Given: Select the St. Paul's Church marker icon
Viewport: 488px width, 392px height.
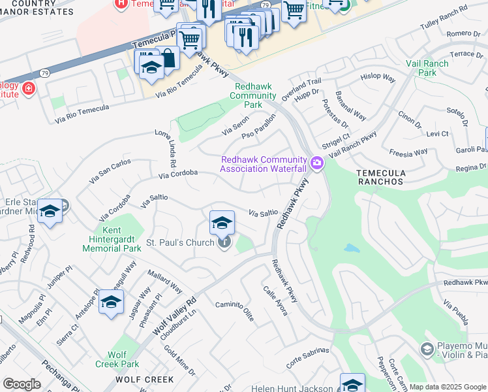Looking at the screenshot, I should [224, 243].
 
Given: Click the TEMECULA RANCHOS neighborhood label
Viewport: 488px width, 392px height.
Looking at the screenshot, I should [379, 177].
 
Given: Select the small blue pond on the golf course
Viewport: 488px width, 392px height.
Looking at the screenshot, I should [351, 248].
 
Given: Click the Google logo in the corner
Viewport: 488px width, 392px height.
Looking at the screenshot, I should [22, 384].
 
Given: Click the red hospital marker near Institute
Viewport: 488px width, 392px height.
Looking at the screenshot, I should [28, 88].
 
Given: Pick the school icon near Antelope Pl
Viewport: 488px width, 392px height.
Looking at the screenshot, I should [112, 302].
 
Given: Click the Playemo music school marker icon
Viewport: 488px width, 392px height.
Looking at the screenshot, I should [427, 350].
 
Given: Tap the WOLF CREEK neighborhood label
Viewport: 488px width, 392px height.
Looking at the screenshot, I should [145, 380].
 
